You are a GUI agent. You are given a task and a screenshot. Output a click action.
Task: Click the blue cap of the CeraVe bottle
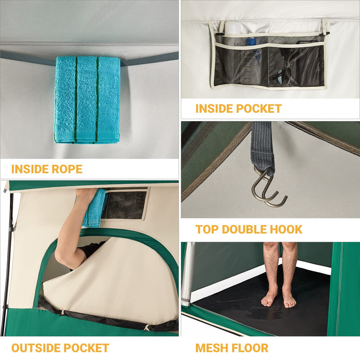[252, 41]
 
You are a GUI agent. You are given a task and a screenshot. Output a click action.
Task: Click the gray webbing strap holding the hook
[262, 144]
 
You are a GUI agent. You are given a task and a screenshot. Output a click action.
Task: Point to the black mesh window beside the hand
[126, 204]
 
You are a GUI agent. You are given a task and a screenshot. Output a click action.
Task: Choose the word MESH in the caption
[211, 348]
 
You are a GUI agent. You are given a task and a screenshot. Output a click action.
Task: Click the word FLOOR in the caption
[250, 348]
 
